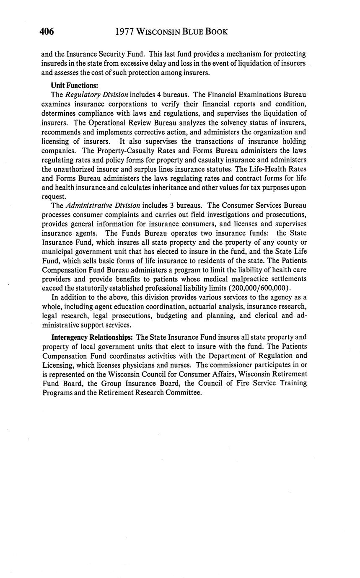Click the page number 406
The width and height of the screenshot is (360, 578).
47,32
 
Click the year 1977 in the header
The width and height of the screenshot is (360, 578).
124,32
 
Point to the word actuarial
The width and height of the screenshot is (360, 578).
189,307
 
